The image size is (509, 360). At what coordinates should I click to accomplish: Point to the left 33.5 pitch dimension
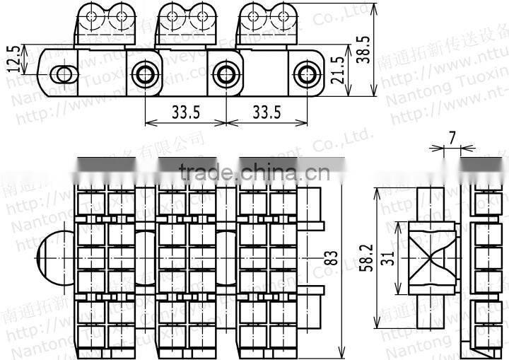pos(185,112)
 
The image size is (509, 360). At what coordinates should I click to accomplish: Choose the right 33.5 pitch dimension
pos(267,112)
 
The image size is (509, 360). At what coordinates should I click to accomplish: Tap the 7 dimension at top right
pos(452,139)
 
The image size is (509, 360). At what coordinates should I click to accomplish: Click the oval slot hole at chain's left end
pos(64,74)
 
